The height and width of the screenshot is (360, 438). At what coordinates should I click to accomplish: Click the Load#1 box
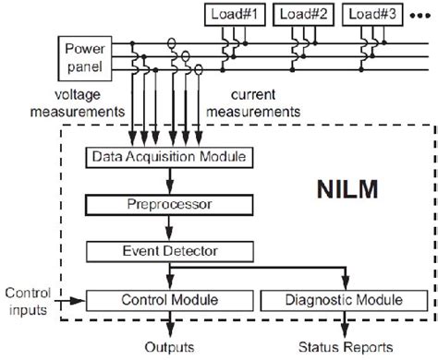tap(236, 14)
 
